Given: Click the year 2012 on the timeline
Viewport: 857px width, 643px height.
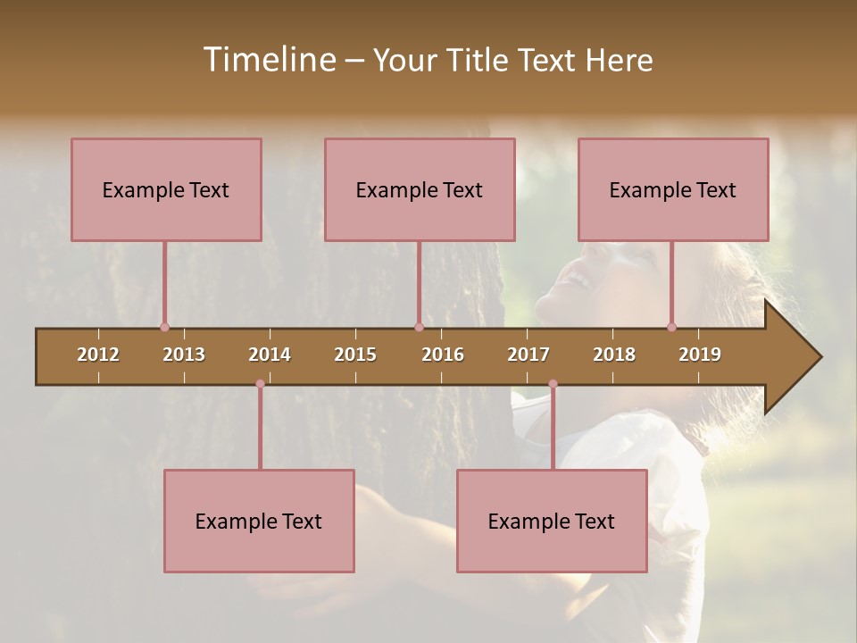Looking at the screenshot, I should point(98,355).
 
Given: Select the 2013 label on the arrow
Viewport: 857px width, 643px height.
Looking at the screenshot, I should point(184,355).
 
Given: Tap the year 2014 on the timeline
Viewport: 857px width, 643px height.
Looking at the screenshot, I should point(270,355).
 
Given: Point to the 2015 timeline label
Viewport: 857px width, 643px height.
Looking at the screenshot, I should point(355,355).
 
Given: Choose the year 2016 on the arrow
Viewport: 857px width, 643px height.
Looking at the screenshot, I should point(443,355).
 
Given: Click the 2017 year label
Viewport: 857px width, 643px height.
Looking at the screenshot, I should point(528,355).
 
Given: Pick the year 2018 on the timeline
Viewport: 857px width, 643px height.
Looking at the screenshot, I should point(614,355).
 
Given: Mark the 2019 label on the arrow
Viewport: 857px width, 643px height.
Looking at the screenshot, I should point(700,355).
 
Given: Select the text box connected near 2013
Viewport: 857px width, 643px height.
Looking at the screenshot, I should point(166,189).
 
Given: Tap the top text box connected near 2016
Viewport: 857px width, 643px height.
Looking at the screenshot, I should point(420,189).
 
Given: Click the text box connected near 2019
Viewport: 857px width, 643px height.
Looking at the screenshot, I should point(673,189).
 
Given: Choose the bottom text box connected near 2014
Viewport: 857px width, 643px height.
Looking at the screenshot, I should point(259,521).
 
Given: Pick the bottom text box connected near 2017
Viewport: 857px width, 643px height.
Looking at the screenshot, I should point(552,521).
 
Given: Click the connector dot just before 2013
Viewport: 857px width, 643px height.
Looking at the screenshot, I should point(164,327).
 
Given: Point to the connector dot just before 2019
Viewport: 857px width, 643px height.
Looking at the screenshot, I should point(671,327).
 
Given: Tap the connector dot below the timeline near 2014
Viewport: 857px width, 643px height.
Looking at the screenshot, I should point(260,384).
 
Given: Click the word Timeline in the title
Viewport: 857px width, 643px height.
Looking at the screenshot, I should point(269,60).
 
